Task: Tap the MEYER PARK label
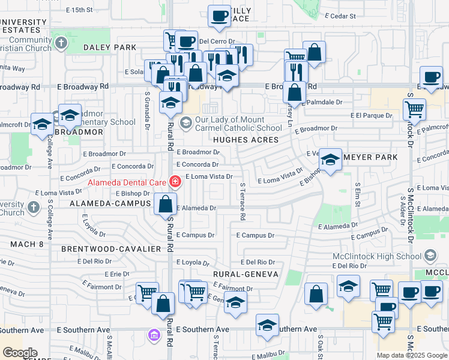tap(376, 157)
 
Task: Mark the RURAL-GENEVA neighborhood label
tap(246, 274)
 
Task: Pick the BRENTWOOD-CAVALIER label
tap(111, 248)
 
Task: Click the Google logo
tap(20, 353)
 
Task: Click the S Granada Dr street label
tap(147, 110)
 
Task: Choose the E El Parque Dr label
tap(372, 115)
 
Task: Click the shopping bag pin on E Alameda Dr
tap(165, 204)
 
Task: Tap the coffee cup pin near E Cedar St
tap(220, 16)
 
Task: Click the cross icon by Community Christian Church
tap(61, 43)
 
